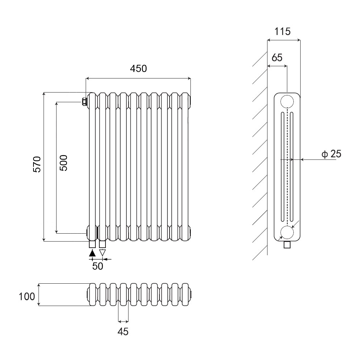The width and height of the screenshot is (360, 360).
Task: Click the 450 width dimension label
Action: [x=139, y=68]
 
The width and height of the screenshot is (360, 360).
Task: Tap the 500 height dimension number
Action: [x=63, y=163]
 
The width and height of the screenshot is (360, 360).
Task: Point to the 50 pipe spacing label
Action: [x=98, y=266]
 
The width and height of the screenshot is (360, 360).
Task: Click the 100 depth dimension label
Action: [x=27, y=297]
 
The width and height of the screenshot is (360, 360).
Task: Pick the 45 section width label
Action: [x=123, y=332]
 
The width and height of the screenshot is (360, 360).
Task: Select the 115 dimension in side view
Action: [x=282, y=31]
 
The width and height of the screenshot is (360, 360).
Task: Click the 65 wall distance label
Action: [x=277, y=58]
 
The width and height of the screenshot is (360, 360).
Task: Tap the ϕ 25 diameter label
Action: [x=331, y=154]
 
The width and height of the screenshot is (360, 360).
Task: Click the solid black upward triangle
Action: [x=93, y=253]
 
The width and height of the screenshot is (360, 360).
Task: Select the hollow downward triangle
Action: [x=103, y=253]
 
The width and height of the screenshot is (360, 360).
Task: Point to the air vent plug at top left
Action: [x=84, y=102]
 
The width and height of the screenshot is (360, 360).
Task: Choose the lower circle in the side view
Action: [x=287, y=233]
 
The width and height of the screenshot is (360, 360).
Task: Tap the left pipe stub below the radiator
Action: [x=93, y=244]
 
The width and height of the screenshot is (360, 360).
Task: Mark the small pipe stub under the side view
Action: [x=287, y=245]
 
